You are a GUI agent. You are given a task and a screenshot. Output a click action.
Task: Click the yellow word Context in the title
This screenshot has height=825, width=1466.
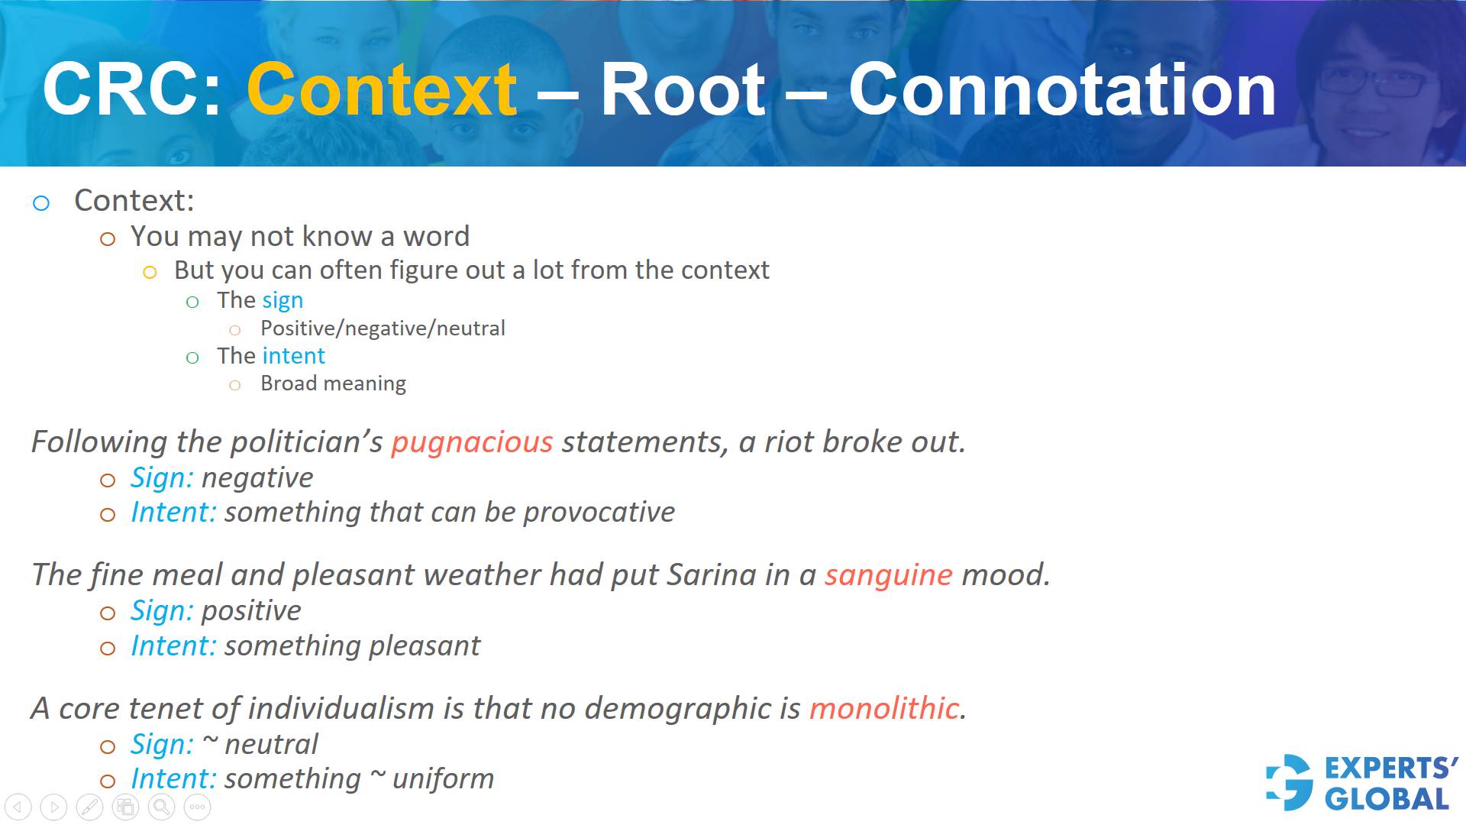(x=382, y=90)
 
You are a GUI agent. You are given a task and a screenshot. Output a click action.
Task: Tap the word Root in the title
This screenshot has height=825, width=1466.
(x=682, y=90)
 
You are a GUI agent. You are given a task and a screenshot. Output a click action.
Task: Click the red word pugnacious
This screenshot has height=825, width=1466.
(x=472, y=442)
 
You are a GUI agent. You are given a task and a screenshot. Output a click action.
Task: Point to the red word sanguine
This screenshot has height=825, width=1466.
(x=888, y=575)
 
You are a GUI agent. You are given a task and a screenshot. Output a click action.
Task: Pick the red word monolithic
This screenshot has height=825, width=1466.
(x=883, y=708)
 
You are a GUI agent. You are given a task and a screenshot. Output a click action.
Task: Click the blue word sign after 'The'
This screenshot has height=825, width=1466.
(x=283, y=301)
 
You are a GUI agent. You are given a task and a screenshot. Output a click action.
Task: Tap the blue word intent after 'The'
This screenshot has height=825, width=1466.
(x=293, y=356)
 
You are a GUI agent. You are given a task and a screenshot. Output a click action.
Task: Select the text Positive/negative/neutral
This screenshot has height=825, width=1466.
(x=383, y=328)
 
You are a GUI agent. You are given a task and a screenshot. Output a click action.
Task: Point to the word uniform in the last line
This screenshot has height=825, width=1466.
(x=443, y=779)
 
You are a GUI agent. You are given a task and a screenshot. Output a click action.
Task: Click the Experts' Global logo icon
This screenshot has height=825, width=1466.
(x=1290, y=782)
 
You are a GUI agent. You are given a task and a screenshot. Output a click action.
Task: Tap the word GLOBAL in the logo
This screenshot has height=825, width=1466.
(x=1387, y=800)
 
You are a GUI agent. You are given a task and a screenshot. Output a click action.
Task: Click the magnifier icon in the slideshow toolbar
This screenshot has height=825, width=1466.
(x=161, y=807)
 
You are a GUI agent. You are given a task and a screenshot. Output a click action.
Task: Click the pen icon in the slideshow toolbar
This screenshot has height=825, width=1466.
(x=89, y=807)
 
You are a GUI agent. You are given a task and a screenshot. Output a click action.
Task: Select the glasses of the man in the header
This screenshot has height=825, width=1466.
(x=1374, y=81)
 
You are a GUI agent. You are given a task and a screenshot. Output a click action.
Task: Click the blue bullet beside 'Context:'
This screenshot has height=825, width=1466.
(x=41, y=203)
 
